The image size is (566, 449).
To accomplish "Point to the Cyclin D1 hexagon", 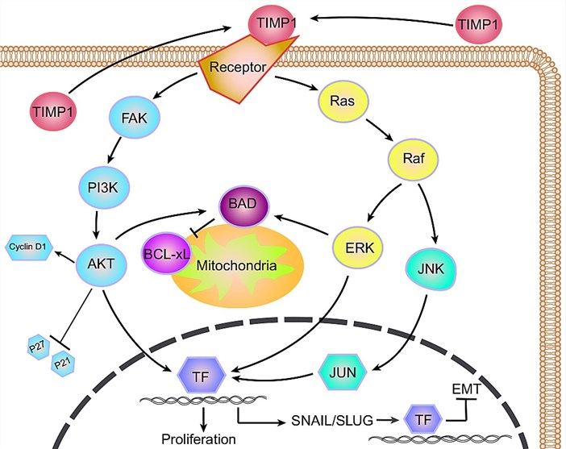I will coord(30,244).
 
